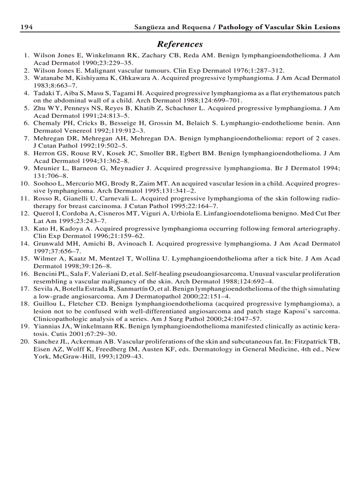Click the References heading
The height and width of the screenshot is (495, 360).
click(x=180, y=44)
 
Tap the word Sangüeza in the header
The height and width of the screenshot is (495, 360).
click(x=150, y=27)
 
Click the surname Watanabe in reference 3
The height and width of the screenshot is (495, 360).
click(x=48, y=78)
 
